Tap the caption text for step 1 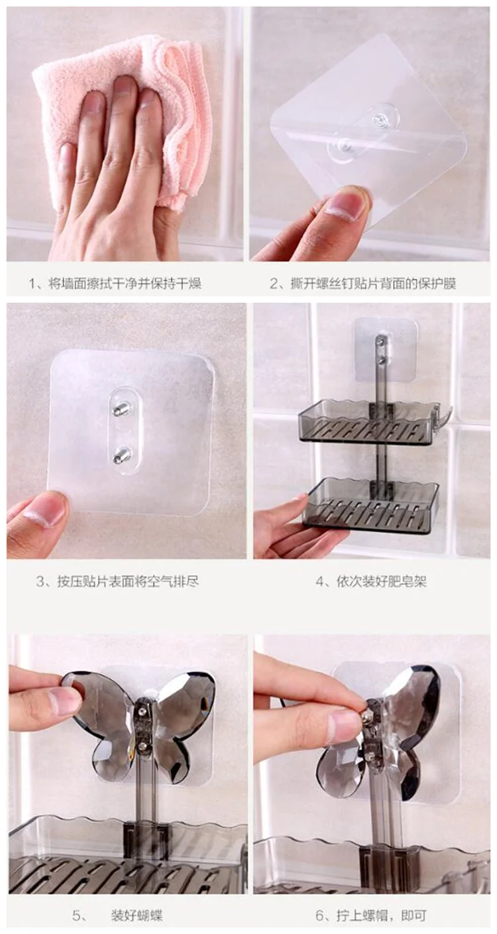[x=115, y=284]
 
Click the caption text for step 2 [x=362, y=284]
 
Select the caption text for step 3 [x=117, y=581]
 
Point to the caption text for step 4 [x=370, y=581]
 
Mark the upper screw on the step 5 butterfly [x=142, y=710]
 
